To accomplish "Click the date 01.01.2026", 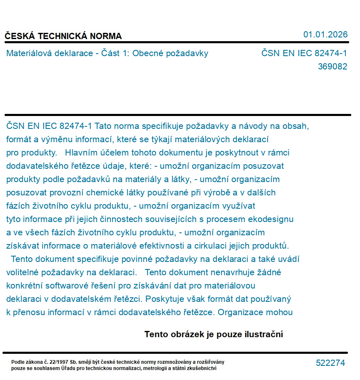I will [325, 35].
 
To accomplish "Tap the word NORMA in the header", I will [107, 36].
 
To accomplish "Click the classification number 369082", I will [333, 67].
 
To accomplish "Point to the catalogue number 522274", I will [330, 363].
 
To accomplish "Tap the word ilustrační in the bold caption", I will [263, 334].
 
